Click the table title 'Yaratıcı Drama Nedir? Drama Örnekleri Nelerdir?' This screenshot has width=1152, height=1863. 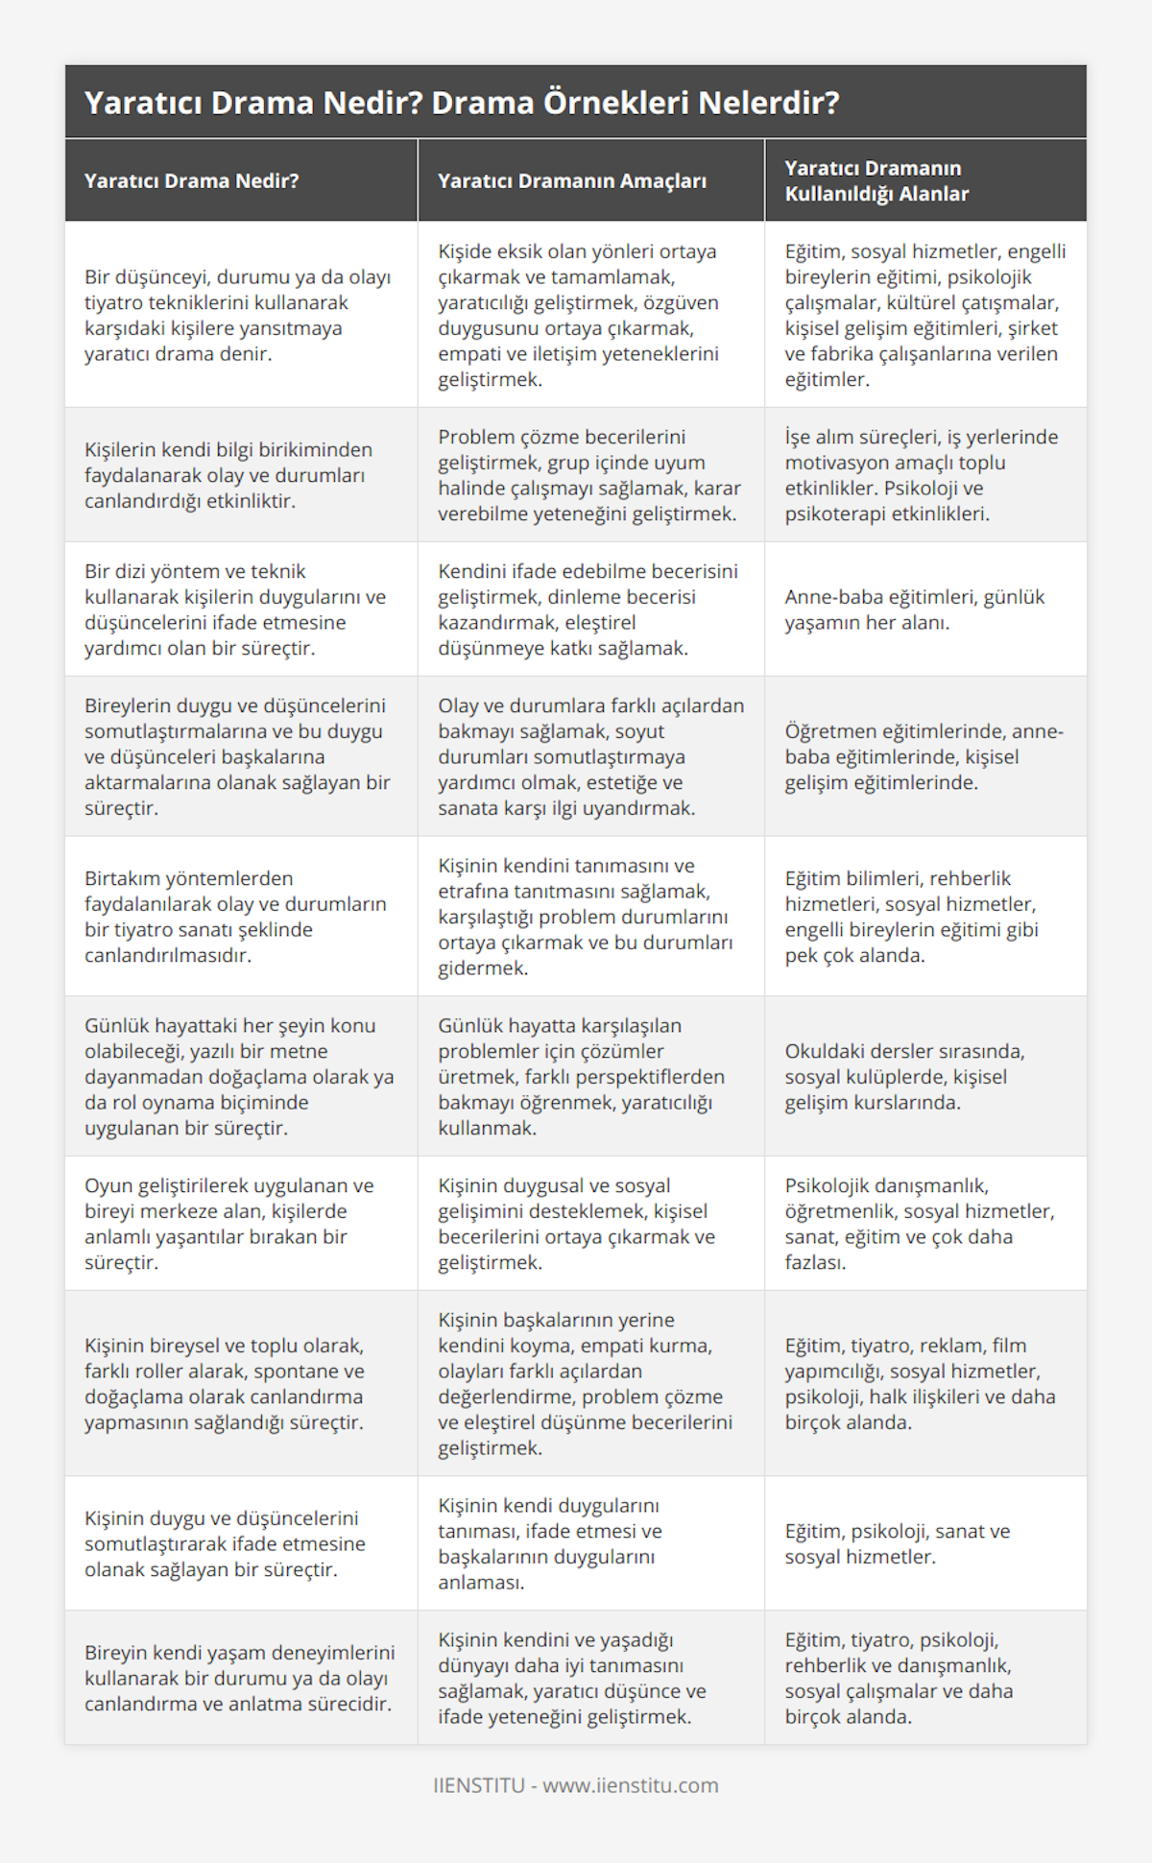point(462,103)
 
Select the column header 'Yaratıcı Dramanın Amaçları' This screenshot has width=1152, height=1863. point(572,180)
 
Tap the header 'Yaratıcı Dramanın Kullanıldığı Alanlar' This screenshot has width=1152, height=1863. point(876,180)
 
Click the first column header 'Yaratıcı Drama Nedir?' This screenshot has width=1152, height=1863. point(192,180)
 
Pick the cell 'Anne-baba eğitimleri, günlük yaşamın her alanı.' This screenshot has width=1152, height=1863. point(915,609)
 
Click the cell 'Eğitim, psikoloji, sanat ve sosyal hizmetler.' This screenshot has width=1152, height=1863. point(898,1543)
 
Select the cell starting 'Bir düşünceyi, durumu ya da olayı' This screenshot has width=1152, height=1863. point(238,315)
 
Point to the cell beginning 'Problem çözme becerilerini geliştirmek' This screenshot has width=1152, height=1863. point(589,475)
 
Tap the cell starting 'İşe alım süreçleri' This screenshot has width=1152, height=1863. point(922,475)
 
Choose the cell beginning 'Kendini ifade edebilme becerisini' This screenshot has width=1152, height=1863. point(588,609)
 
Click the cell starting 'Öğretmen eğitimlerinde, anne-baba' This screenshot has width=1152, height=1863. point(924,756)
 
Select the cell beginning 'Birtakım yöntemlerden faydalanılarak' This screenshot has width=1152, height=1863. point(235,917)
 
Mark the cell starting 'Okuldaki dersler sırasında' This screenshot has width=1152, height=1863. point(904,1077)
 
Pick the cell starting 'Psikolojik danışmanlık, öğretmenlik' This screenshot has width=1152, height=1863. point(920,1224)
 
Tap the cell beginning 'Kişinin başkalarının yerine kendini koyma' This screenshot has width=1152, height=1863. point(585,1383)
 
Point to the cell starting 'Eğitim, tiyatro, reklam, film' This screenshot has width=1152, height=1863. point(920,1383)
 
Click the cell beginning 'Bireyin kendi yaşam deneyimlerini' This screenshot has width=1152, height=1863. point(240,1678)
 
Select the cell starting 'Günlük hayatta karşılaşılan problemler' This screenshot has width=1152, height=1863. point(581,1077)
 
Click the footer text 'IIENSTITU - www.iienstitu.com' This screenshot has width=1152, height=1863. point(575,1785)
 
